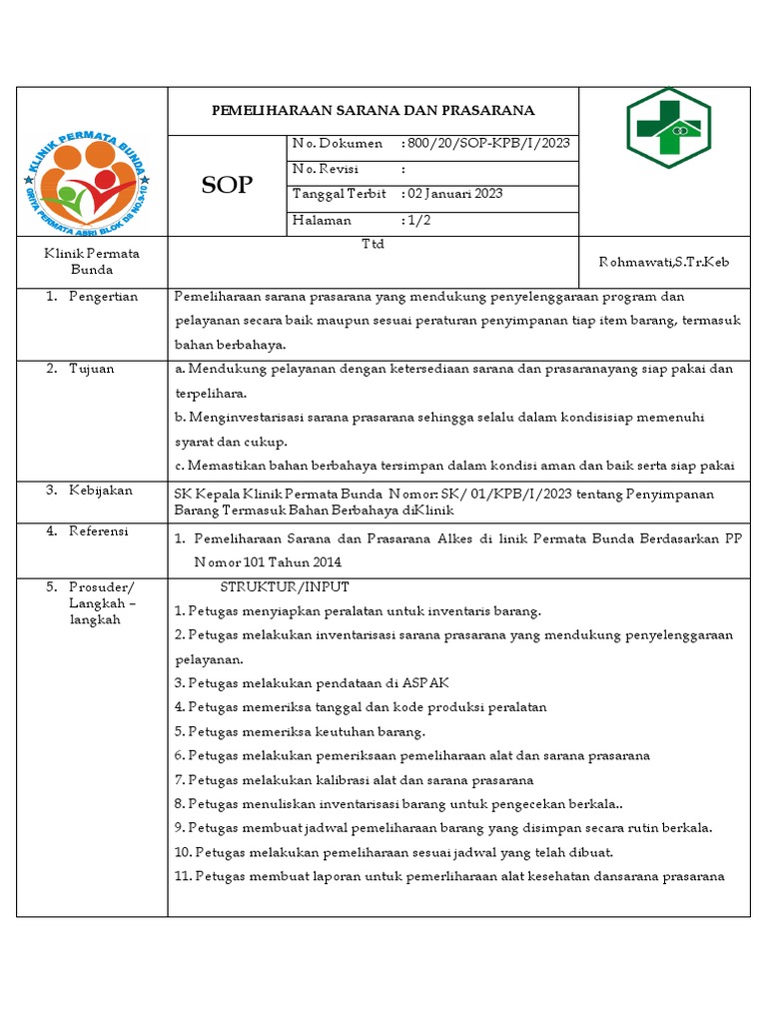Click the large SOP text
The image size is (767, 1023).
(228, 185)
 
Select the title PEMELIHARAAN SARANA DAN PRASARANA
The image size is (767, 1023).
(373, 110)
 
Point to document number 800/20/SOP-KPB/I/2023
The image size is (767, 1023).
(488, 144)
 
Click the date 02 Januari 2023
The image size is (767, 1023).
(454, 194)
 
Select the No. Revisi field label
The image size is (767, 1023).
(326, 169)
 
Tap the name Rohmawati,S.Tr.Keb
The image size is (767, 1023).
(663, 262)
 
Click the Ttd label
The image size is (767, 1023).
(373, 244)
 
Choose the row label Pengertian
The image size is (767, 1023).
(103, 297)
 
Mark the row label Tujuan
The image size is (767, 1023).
(91, 369)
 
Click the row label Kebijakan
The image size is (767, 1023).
(100, 491)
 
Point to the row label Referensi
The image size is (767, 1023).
(99, 530)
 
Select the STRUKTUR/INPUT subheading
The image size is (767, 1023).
(285, 586)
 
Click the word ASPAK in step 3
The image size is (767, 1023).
(426, 682)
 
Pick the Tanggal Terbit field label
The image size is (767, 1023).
(334, 194)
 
